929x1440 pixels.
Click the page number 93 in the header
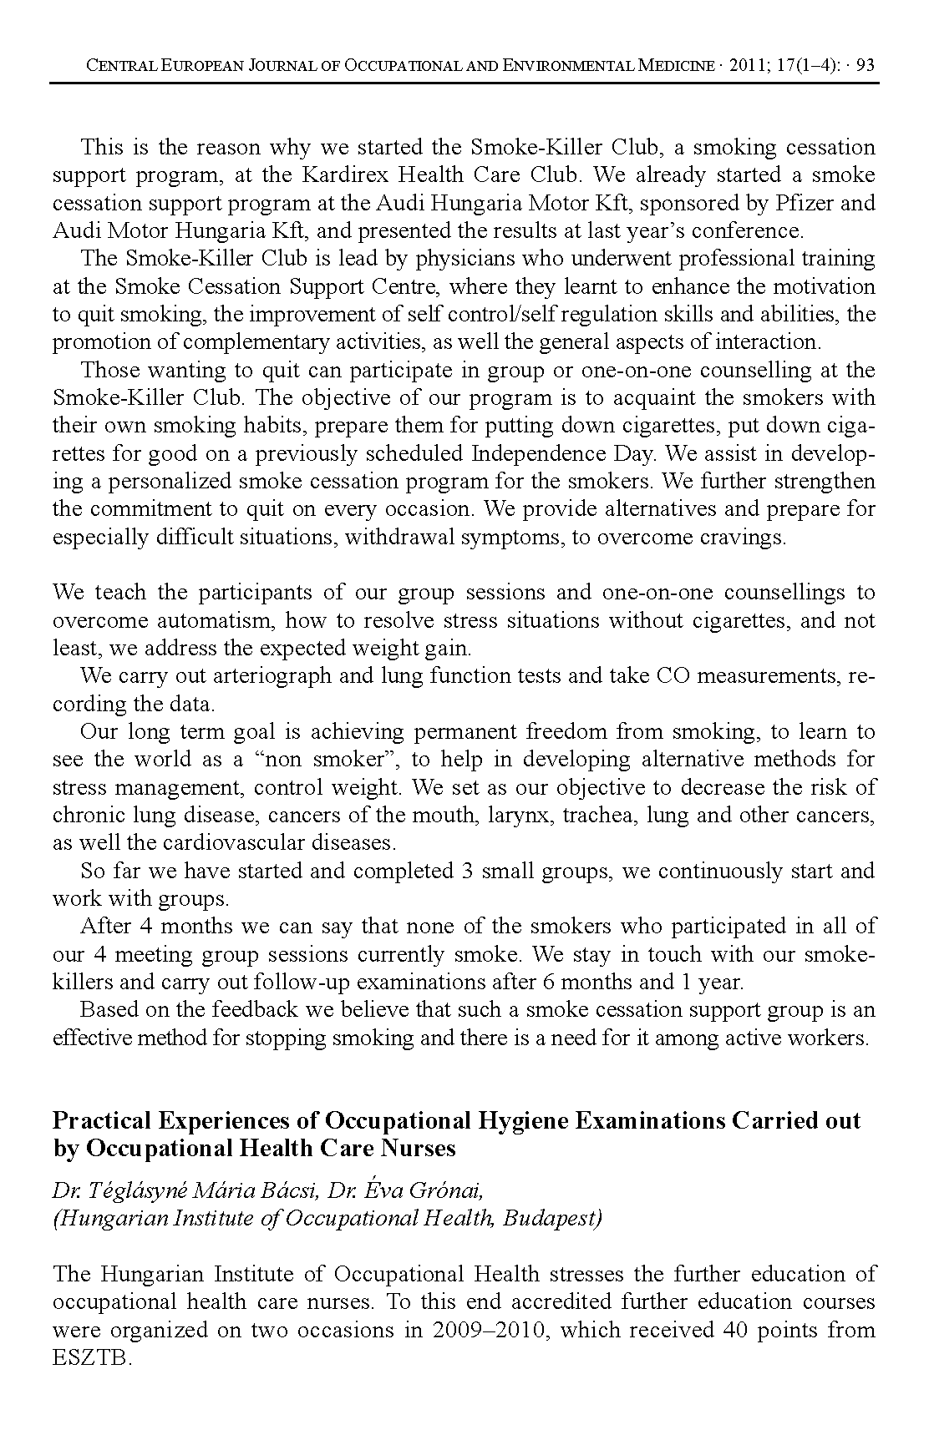click(865, 65)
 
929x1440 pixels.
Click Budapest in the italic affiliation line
click(554, 1218)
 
